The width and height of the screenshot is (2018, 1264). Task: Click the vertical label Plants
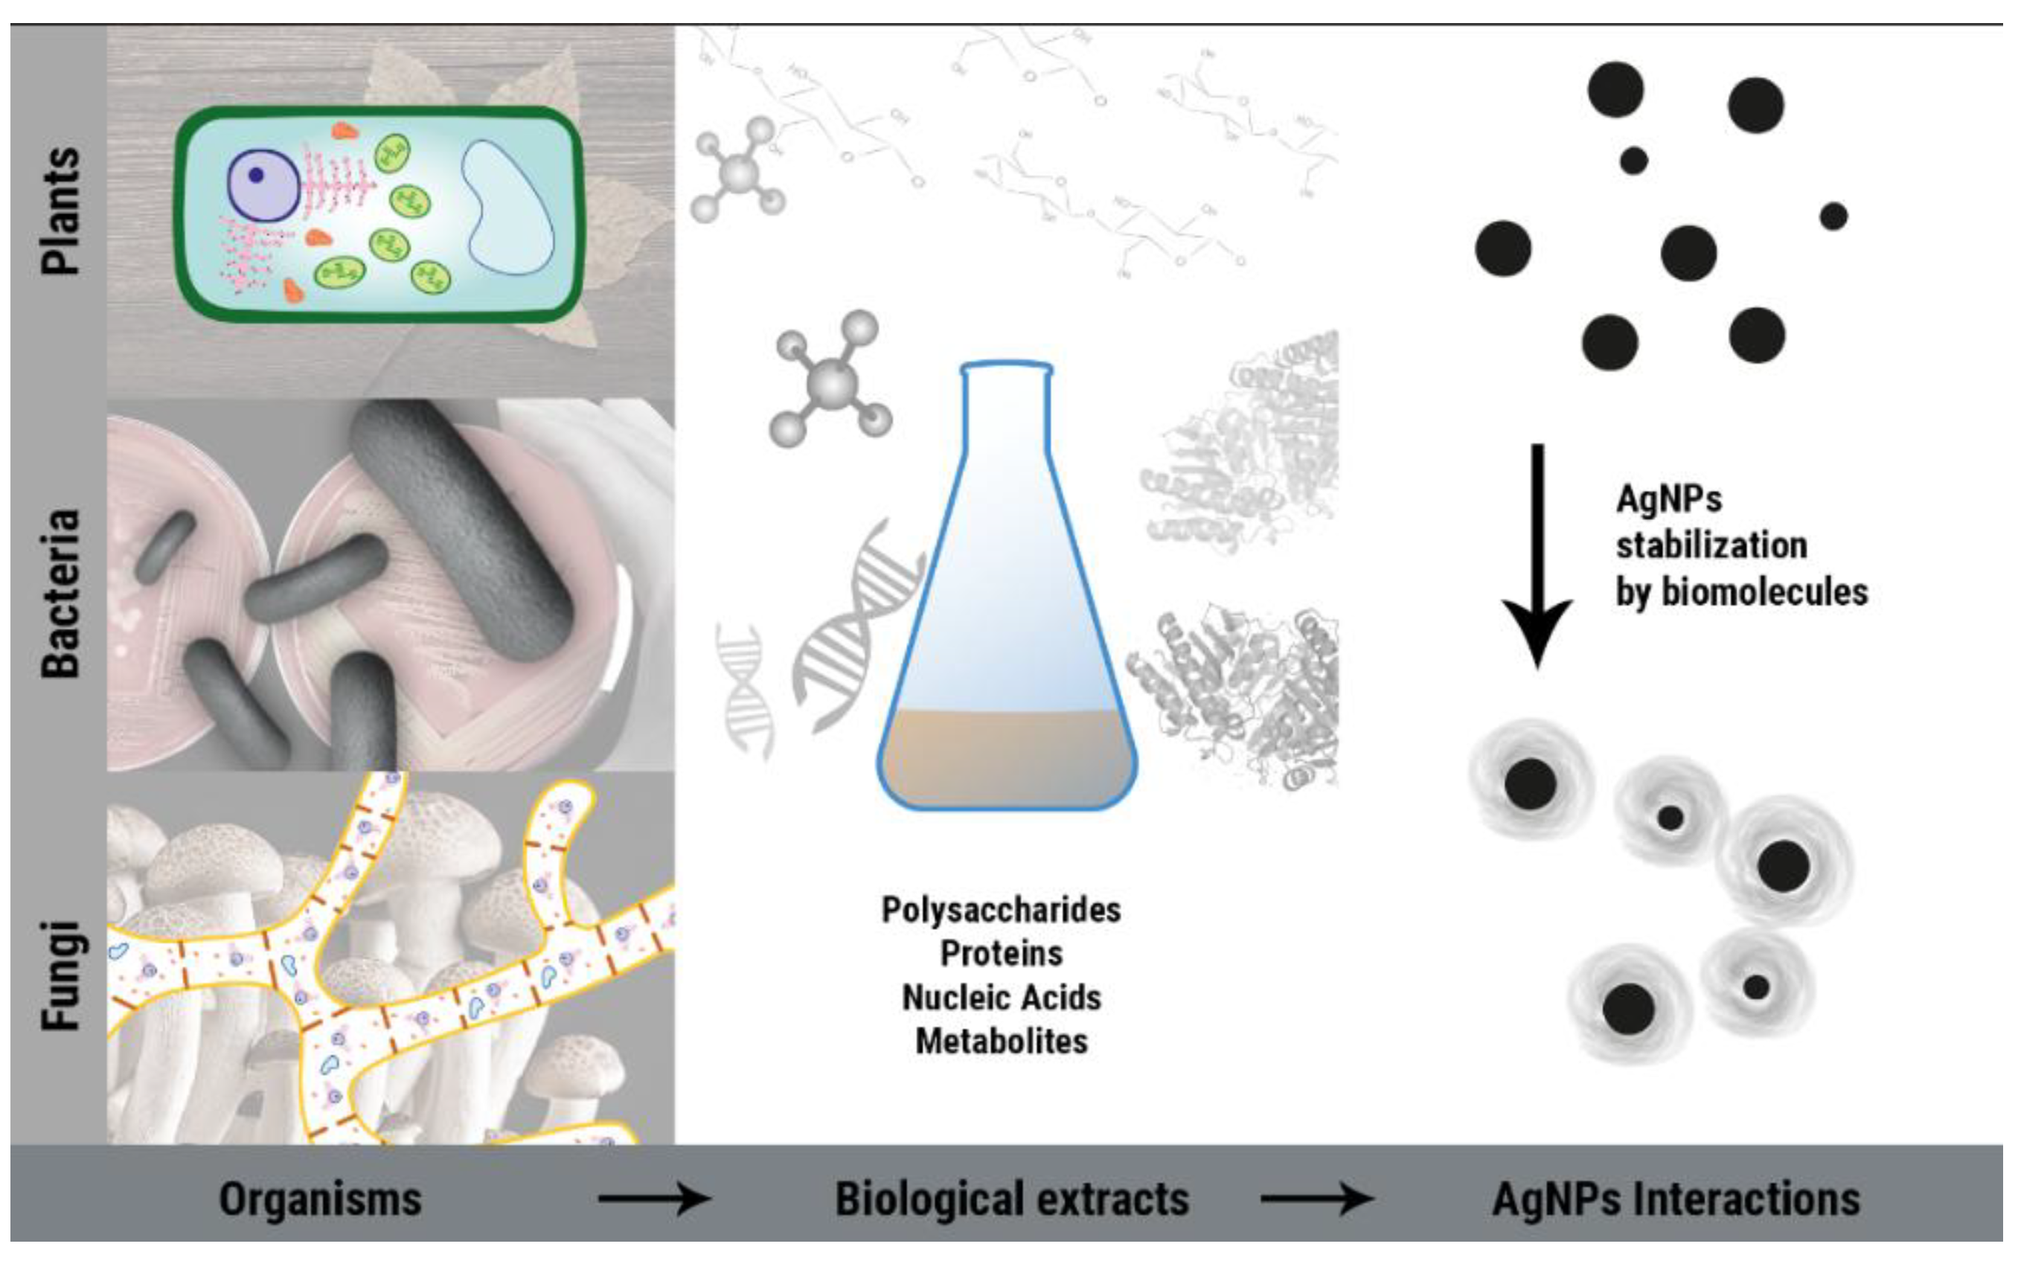[x=62, y=211]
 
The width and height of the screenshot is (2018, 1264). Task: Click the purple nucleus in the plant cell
[x=263, y=185]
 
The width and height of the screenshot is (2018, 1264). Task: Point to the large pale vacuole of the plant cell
[x=507, y=207]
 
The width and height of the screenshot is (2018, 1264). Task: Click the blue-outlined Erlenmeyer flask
[x=1007, y=586]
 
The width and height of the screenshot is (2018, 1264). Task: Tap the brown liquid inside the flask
[x=1007, y=757]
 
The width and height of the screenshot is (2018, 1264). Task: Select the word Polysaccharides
[x=1001, y=910]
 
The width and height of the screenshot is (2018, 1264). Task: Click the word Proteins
[x=1001, y=953]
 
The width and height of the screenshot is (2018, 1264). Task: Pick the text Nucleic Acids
[x=1001, y=998]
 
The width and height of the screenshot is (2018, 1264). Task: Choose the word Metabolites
[x=1001, y=1042]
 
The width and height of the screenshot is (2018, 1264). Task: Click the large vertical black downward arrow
[x=1537, y=552]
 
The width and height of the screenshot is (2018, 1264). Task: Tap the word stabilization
[x=1711, y=546]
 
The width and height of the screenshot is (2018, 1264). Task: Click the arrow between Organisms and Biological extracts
[x=654, y=1199]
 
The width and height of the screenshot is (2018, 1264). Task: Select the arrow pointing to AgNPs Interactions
[x=1316, y=1199]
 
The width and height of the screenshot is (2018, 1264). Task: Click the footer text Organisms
[x=320, y=1199]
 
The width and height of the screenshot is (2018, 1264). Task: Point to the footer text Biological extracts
[x=1011, y=1199]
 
